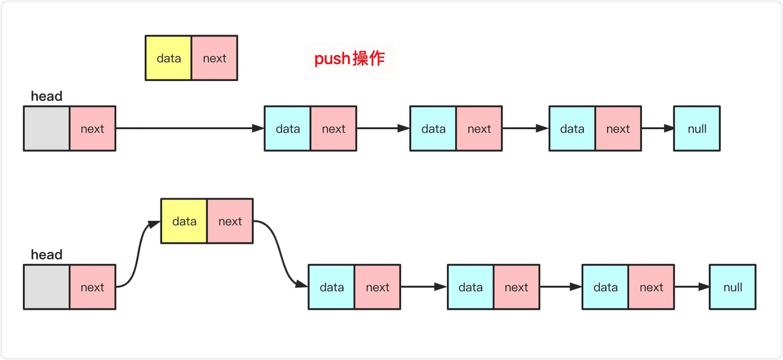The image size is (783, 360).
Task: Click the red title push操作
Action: tap(350, 58)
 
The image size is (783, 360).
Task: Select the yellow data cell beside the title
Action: tap(168, 58)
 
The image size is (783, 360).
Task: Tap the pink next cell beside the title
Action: tap(214, 58)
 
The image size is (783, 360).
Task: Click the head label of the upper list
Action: tap(46, 96)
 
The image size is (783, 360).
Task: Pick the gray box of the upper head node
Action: tap(47, 129)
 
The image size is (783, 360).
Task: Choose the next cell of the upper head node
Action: tap(92, 129)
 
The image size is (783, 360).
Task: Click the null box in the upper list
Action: tap(697, 129)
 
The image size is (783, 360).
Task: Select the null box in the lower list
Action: tap(733, 287)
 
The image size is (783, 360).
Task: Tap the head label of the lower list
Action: tap(46, 255)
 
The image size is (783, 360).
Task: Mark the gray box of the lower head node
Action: tap(47, 287)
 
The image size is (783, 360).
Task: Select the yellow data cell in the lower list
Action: tap(184, 221)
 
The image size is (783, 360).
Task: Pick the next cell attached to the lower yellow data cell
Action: tap(230, 221)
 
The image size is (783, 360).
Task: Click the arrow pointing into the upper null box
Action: tap(658, 129)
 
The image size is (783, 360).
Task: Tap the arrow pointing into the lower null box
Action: tap(691, 287)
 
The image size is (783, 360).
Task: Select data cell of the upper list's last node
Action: tap(572, 129)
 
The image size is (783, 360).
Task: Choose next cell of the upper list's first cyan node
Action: tap(333, 129)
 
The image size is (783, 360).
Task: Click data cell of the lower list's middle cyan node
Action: tap(470, 287)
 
